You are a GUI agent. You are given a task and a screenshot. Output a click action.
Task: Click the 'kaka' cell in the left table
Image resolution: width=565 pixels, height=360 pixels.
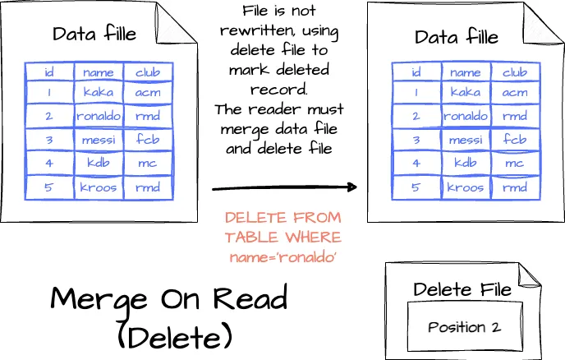point(99,92)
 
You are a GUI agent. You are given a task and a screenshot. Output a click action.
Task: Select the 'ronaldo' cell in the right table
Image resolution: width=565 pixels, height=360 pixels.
point(466,116)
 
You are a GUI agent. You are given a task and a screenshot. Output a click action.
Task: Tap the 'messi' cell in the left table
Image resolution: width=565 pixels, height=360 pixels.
point(99,139)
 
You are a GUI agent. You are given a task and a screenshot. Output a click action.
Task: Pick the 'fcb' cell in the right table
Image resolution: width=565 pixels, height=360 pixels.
point(515,139)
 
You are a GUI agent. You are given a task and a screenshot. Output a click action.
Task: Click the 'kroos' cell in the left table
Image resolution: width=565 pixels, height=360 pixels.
point(99,187)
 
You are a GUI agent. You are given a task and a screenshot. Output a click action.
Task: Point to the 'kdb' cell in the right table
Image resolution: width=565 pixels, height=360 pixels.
point(466,163)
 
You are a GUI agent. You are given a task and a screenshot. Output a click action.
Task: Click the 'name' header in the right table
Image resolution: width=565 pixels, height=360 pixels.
point(466,72)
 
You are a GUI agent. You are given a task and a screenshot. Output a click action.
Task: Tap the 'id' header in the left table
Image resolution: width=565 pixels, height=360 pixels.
point(49,72)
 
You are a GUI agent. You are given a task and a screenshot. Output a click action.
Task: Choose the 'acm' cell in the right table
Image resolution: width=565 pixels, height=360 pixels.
point(515,93)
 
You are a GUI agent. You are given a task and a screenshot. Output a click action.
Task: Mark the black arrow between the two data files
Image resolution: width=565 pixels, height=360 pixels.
point(284,187)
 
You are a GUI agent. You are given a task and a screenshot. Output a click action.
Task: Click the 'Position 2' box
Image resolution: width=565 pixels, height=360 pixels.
point(463,327)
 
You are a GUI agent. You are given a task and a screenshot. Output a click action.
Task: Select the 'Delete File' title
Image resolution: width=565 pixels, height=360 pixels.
point(462,288)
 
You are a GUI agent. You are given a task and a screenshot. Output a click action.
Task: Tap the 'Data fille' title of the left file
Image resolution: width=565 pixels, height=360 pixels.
point(94,35)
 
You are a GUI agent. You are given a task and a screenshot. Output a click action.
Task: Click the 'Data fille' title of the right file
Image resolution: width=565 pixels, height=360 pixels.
point(457,37)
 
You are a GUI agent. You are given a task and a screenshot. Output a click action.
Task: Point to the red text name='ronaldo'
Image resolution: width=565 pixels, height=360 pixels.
point(282,256)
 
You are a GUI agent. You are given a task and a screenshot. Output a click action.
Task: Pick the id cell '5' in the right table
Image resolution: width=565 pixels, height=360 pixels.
point(417,187)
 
